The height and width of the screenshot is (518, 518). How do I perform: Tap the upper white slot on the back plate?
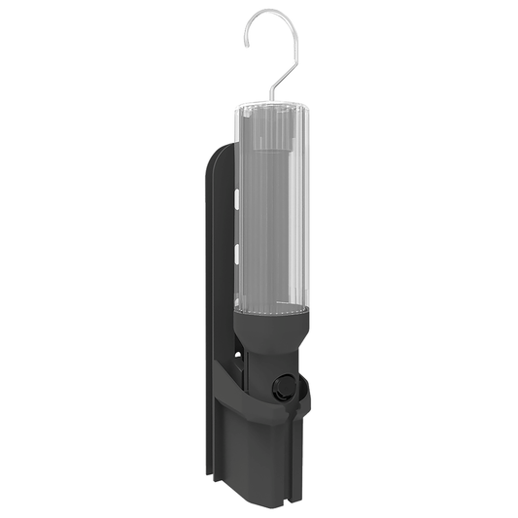pos(236,198)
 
